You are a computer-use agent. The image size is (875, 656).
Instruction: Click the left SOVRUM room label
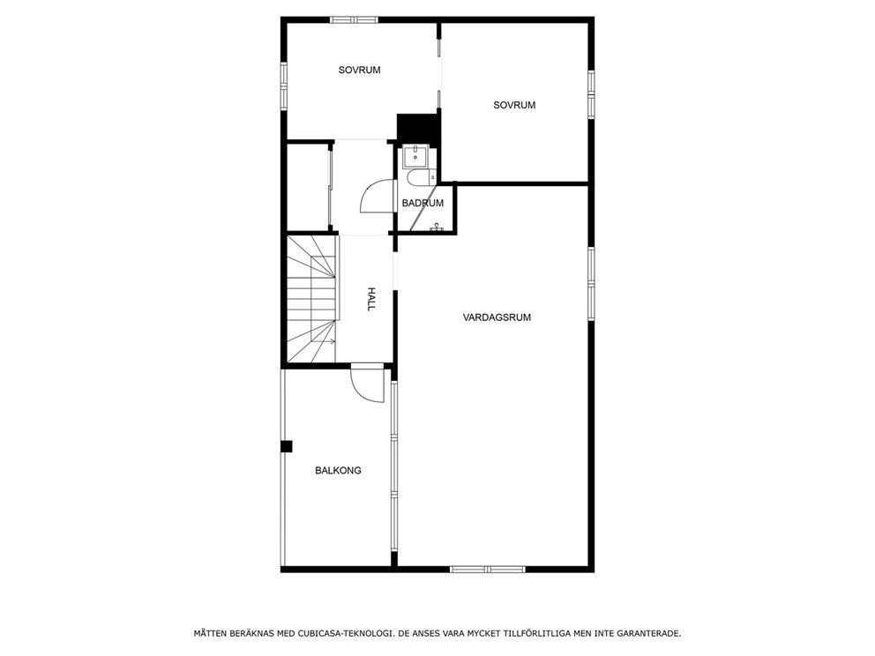point(359,70)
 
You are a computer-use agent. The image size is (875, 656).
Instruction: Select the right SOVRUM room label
point(514,105)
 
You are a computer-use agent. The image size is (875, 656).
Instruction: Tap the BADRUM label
point(422,204)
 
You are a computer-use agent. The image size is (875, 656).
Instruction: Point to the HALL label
point(371,299)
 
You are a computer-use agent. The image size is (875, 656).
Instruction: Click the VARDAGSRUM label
point(497,317)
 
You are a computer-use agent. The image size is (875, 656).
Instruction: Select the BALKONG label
point(338,471)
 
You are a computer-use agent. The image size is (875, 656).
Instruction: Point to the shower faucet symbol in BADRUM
point(436,227)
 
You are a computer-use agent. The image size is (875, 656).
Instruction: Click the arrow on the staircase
point(327,341)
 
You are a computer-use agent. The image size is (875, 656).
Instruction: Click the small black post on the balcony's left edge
point(286,446)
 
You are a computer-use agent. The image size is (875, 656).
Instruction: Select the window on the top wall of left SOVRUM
point(354,19)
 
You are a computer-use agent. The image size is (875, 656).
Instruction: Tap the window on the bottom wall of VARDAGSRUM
point(488,570)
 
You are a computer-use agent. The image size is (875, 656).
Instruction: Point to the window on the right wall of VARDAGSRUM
point(591,280)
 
